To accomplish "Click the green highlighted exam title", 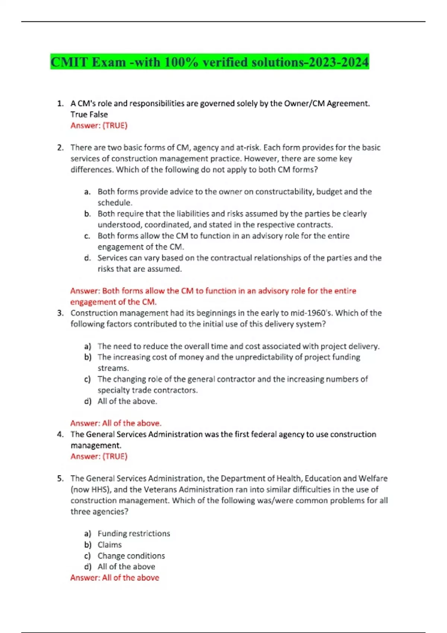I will [x=210, y=62].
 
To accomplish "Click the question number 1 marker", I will [x=60, y=104].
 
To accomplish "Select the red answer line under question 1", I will [x=99, y=125].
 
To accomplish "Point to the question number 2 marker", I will [x=60, y=147].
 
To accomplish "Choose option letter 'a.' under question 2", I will [x=88, y=192].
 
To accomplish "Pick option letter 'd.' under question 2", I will [x=88, y=258].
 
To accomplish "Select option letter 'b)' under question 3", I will [x=88, y=357].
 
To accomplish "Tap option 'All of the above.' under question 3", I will [x=127, y=401].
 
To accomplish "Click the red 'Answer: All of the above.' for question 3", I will [x=116, y=423].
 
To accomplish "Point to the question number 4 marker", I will [x=60, y=434].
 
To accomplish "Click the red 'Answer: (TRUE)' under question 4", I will [x=99, y=457].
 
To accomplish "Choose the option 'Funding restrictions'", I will [x=134, y=534].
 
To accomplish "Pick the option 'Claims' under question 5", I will [x=110, y=545].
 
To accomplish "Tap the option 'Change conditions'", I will [x=131, y=556].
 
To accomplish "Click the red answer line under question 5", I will [x=115, y=578].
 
